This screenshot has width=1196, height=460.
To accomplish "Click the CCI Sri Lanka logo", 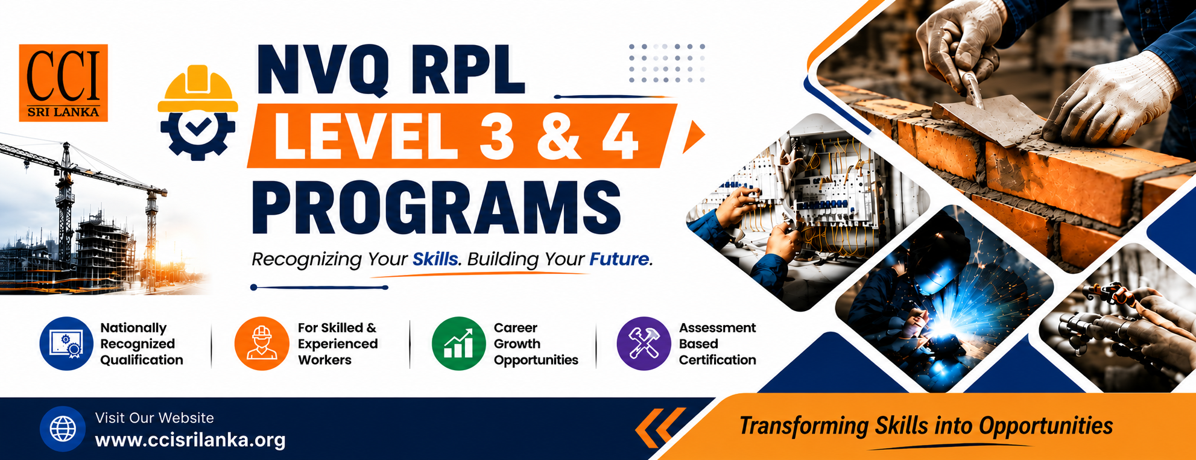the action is click(x=63, y=83).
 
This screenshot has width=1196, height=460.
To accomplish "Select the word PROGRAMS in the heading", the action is click(x=436, y=208).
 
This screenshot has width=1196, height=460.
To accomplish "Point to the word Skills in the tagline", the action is click(x=435, y=259).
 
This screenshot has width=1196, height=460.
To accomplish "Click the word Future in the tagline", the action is click(x=619, y=259).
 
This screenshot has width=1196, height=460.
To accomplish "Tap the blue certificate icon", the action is click(x=66, y=344).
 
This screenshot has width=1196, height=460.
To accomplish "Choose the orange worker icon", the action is click(x=262, y=344).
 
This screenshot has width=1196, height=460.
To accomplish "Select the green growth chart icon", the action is click(x=458, y=344).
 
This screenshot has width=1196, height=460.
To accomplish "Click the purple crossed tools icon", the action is click(x=644, y=344).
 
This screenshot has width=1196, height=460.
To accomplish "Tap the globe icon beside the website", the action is click(x=63, y=429).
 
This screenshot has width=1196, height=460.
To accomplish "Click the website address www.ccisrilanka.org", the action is click(x=191, y=440).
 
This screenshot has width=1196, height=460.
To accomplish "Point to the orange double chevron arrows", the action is click(x=660, y=427).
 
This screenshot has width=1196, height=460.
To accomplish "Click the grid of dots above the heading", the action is click(x=666, y=63).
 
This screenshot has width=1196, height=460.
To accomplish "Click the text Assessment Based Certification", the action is click(x=717, y=344).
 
